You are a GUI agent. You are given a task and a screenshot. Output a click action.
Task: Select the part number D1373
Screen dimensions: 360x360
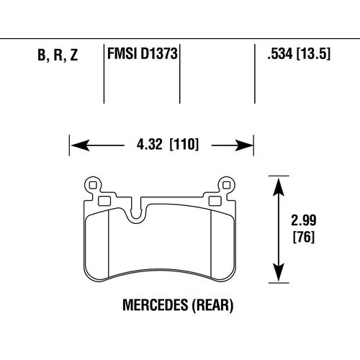158,55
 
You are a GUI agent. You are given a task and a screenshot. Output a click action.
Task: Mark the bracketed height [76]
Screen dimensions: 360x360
305,236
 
